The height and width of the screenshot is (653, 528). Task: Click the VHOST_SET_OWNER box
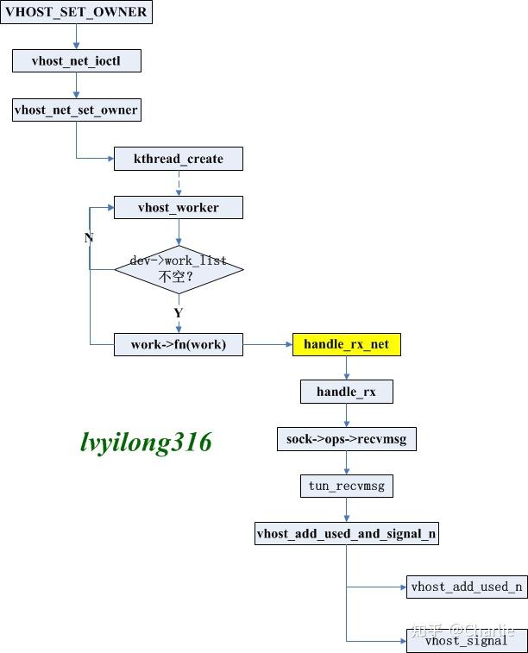(x=77, y=12)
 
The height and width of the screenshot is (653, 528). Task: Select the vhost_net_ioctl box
(x=76, y=61)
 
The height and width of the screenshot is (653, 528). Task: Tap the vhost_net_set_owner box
(x=76, y=110)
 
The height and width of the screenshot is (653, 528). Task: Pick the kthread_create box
(x=179, y=159)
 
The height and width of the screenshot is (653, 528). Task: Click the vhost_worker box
(x=179, y=207)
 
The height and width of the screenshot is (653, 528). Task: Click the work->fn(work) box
(x=179, y=344)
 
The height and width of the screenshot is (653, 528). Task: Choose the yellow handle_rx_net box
(x=346, y=344)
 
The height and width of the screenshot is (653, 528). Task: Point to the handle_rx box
(x=346, y=392)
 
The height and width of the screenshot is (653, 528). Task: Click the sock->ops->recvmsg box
(x=346, y=439)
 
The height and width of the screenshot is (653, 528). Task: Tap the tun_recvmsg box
(x=346, y=486)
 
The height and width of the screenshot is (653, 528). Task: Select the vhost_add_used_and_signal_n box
(x=346, y=533)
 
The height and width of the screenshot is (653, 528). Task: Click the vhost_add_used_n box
(x=467, y=587)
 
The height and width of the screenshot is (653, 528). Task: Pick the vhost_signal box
(x=467, y=640)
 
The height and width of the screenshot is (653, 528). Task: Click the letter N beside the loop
(x=88, y=237)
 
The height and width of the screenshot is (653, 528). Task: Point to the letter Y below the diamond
(x=178, y=312)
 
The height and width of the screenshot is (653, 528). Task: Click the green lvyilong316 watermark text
(x=145, y=443)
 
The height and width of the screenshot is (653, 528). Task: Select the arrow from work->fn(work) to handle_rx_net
(x=267, y=344)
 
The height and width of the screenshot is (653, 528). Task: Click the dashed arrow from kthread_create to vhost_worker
(x=179, y=183)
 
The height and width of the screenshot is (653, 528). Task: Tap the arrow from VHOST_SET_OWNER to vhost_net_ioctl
(x=76, y=36)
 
